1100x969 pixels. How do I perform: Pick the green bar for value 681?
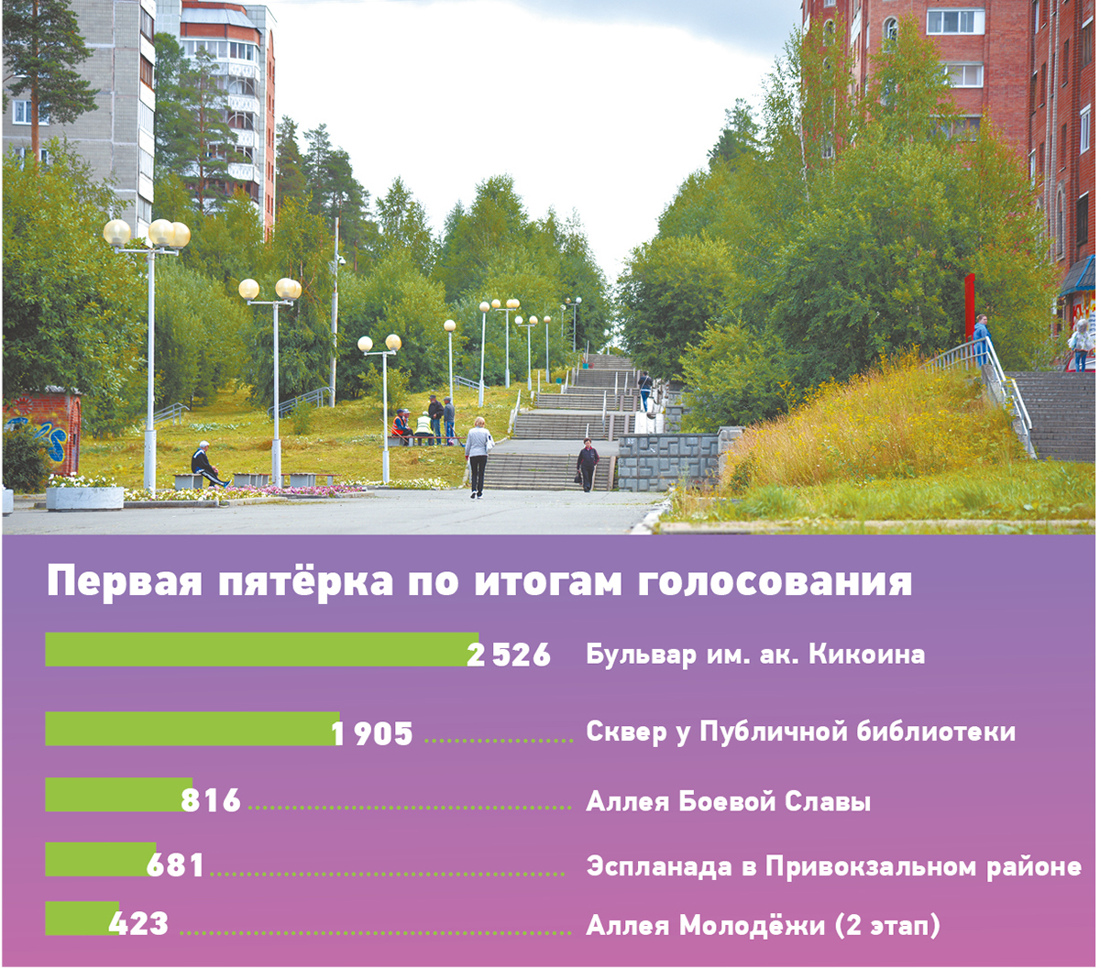point(99,860)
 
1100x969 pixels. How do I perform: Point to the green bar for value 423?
point(81,919)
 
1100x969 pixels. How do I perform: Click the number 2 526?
point(509,655)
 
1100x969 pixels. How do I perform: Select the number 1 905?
point(372,733)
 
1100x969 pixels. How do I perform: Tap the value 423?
point(139,923)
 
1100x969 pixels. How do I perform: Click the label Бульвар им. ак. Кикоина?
point(754,655)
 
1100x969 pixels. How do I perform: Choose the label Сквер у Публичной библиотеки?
point(800,732)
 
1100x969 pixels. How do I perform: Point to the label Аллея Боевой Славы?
point(728,802)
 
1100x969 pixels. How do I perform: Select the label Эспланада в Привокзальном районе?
point(833,866)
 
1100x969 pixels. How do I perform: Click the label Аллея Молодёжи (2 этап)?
point(763,926)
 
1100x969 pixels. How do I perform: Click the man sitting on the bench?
point(205,463)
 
